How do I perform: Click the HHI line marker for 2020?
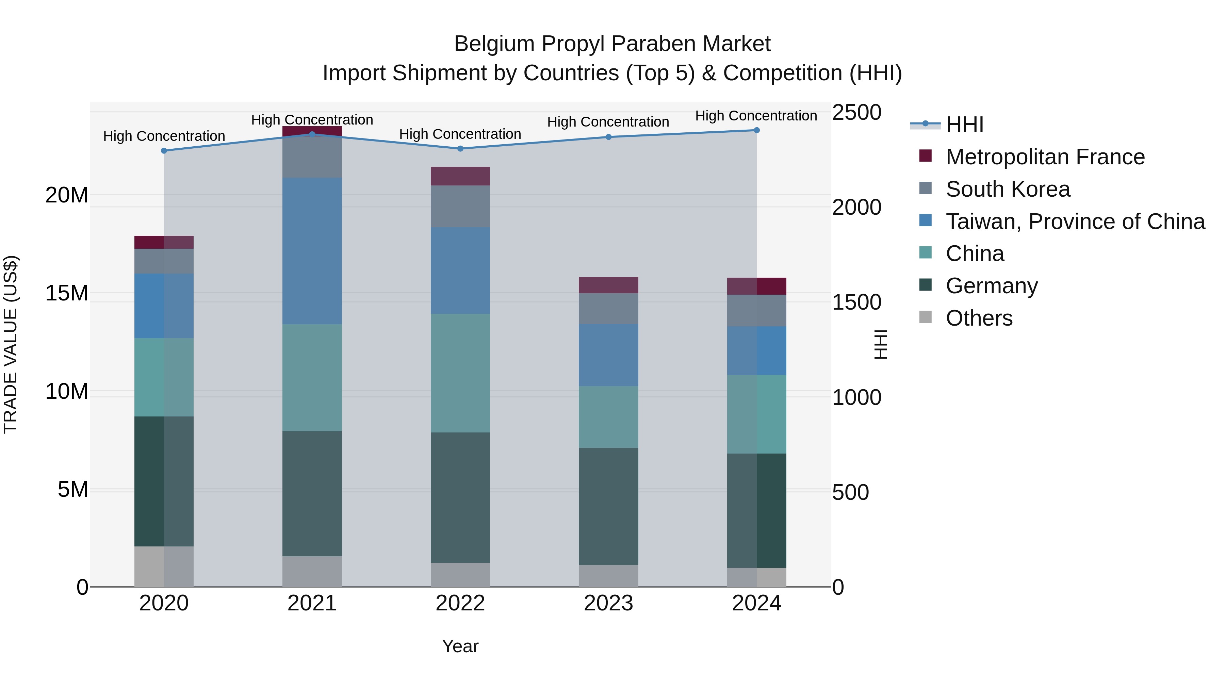point(164,151)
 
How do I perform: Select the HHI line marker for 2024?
point(756,130)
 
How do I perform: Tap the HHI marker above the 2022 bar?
point(460,149)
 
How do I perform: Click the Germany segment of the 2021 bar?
point(312,494)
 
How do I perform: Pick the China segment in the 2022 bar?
point(460,373)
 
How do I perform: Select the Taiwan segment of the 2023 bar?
point(608,355)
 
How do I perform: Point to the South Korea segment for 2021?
point(312,157)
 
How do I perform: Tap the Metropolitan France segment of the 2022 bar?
point(460,176)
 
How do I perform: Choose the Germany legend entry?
point(992,286)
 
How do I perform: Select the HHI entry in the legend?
point(964,125)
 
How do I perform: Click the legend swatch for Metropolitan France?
point(926,156)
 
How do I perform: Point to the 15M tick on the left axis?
point(67,293)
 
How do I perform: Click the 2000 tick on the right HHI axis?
point(856,207)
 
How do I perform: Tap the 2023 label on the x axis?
point(608,603)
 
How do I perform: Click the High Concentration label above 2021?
point(312,120)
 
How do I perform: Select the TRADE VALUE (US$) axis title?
point(11,344)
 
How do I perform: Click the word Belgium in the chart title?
point(494,44)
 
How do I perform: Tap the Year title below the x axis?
point(460,646)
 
